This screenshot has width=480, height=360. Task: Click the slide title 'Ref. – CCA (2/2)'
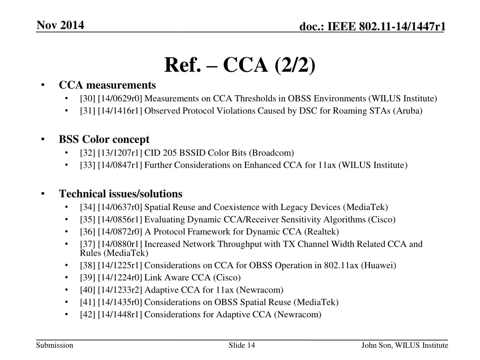click(240, 65)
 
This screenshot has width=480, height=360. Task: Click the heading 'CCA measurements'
click(107, 85)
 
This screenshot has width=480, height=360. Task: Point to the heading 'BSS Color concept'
click(104, 139)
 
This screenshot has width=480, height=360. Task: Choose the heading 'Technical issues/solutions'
click(120, 194)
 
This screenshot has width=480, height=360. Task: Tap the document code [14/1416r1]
click(120, 111)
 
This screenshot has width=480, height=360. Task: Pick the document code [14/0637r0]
click(120, 207)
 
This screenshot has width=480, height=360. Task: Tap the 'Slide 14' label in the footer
click(242, 345)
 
